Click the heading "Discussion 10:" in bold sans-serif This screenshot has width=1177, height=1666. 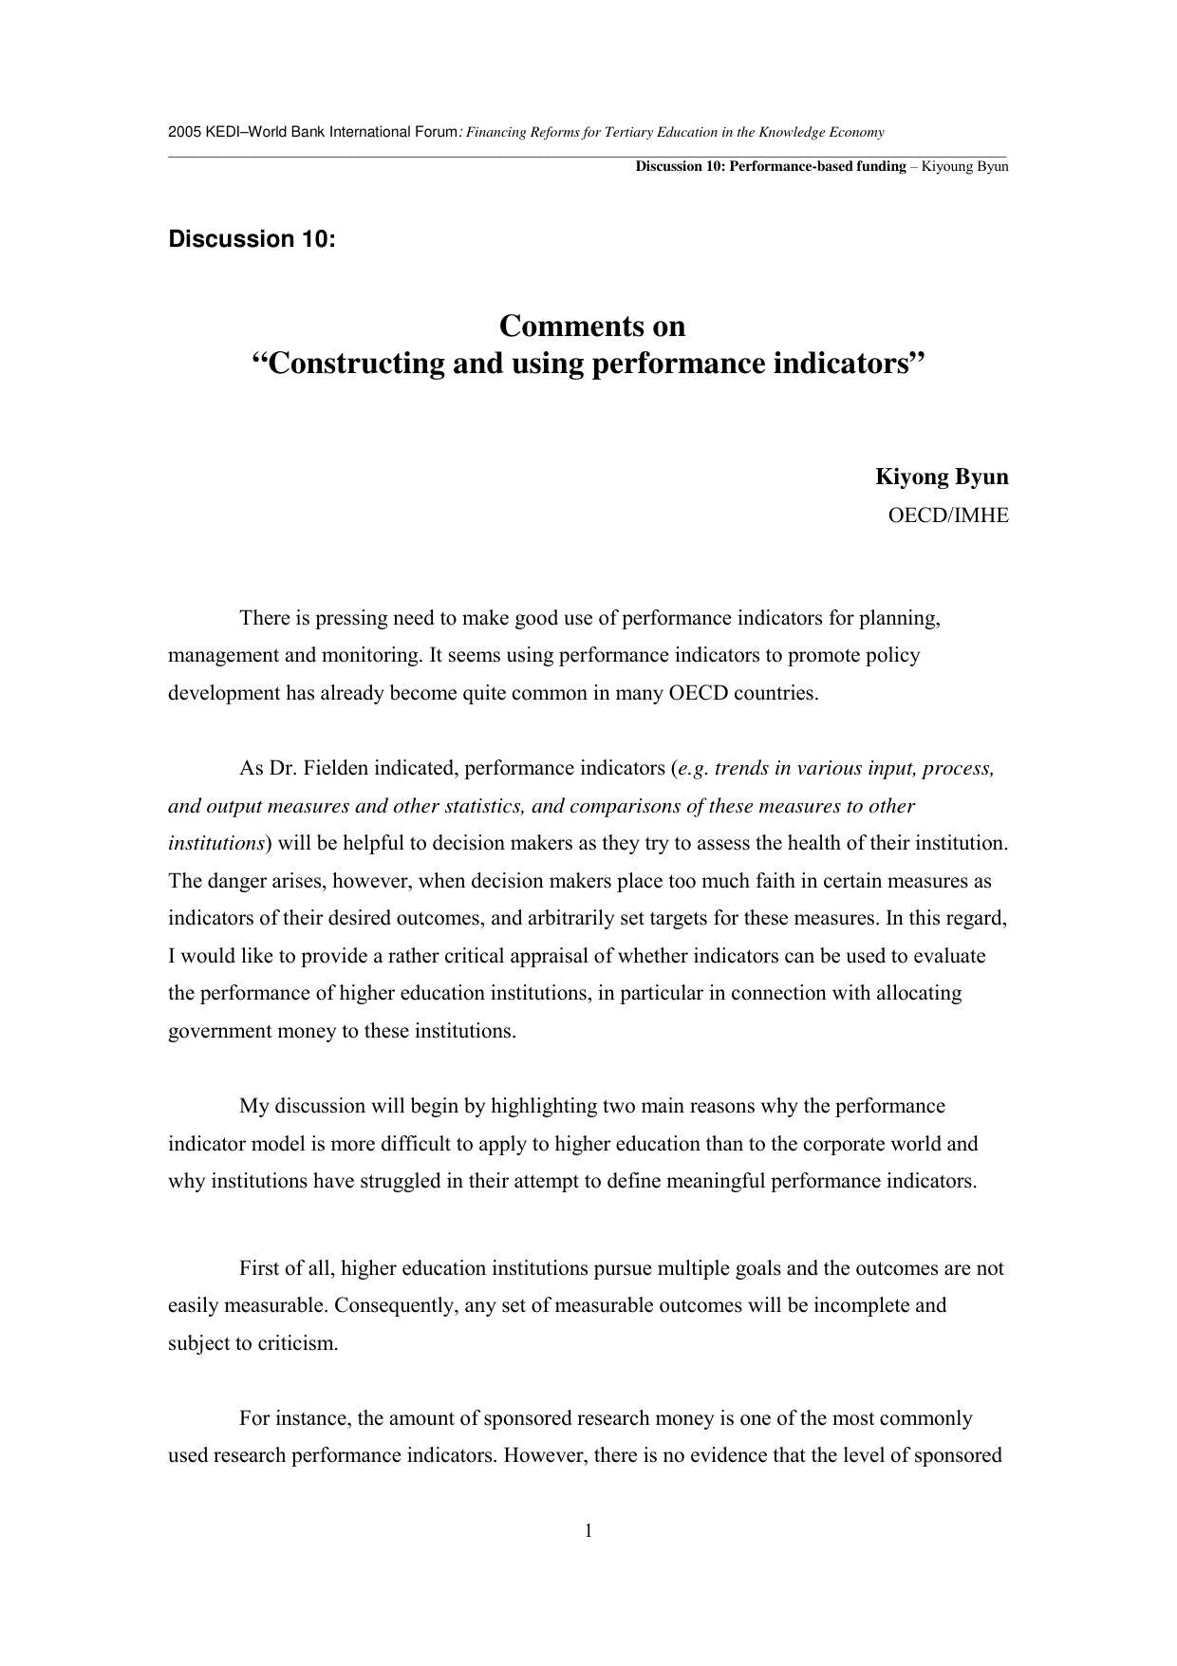point(252,239)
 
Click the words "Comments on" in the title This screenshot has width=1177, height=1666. point(591,327)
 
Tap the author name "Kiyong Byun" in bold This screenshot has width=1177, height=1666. point(942,477)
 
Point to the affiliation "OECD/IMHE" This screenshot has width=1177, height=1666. point(947,515)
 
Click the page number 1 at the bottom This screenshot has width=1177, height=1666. point(588,1530)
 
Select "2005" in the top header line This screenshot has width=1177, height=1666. point(179,132)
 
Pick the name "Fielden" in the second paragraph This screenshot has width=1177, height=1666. point(336,768)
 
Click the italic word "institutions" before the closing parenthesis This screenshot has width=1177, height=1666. point(215,843)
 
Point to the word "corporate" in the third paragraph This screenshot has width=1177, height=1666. point(841,1144)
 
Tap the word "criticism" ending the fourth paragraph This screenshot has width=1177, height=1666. point(296,1343)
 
